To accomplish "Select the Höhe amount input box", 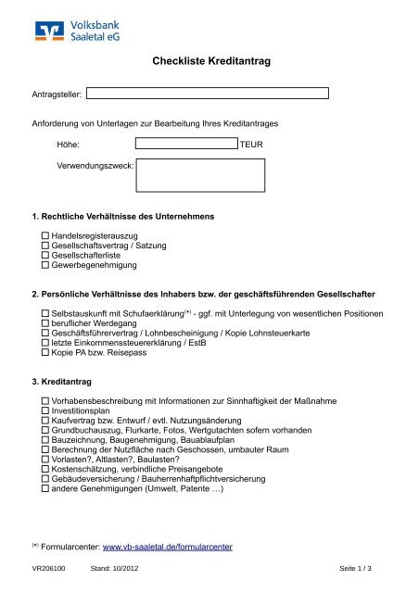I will pos(185,145).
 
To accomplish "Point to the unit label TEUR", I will pos(252,145).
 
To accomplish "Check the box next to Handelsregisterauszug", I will pos(44,237).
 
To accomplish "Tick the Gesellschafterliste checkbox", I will pos(44,256).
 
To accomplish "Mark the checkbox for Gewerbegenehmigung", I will pos(44,265).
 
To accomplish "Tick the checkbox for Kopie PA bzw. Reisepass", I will pos(44,352).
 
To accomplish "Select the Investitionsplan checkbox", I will pos(44,411).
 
